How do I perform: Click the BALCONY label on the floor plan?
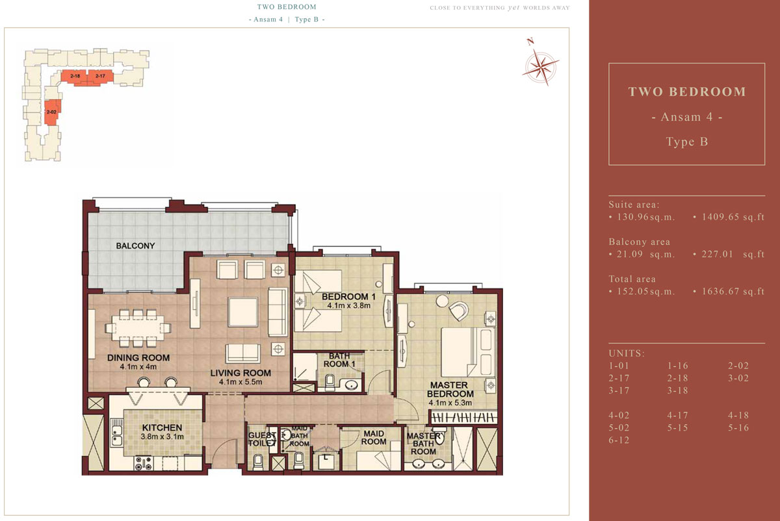click(135, 246)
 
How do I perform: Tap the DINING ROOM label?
click(138, 358)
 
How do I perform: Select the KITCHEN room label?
click(162, 427)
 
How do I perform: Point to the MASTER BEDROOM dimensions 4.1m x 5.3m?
click(450, 403)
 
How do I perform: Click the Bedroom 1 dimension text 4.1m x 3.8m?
click(348, 305)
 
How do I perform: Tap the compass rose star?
click(541, 66)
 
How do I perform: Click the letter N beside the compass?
click(530, 42)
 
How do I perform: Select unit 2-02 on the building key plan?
click(51, 112)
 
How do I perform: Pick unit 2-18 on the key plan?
click(75, 76)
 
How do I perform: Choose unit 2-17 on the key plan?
click(100, 76)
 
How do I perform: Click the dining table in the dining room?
click(138, 328)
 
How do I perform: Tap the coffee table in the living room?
click(243, 312)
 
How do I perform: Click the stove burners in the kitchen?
click(144, 463)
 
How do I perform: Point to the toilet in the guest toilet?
click(258, 462)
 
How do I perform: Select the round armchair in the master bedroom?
click(459, 311)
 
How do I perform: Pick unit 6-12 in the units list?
click(619, 440)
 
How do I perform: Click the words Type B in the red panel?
click(686, 142)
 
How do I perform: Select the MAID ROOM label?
click(374, 437)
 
